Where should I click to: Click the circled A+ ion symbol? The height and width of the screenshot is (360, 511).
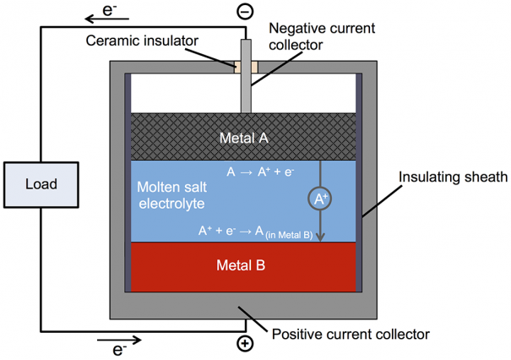point(320,199)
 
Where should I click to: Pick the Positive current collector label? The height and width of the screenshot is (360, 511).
point(351,335)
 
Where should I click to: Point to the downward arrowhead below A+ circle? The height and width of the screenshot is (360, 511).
point(321,237)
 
